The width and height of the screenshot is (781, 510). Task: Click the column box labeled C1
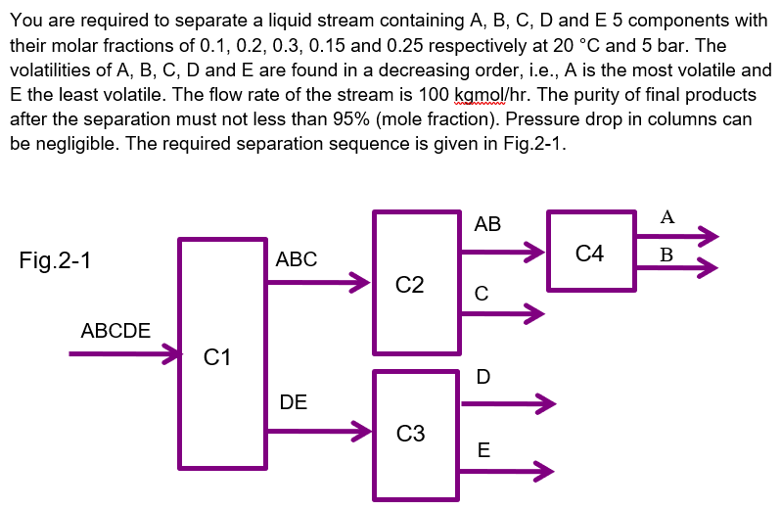222,352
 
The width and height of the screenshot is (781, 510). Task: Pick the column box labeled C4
590,251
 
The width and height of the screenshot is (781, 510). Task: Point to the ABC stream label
297,259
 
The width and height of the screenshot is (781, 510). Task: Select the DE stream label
293,401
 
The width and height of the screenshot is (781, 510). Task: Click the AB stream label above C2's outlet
487,224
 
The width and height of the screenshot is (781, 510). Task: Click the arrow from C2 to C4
502,252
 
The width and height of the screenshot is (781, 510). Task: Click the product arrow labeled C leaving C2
502,314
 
